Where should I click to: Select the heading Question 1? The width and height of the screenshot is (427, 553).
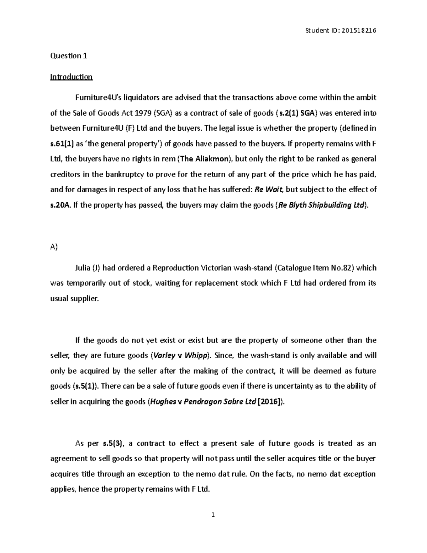coord(69,56)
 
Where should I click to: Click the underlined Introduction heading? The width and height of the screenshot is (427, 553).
coord(71,77)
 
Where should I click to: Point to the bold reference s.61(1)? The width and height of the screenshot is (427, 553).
coord(62,144)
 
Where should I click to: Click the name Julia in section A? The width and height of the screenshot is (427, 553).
coord(83,268)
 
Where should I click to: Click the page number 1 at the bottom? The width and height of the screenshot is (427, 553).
coord(213,515)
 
